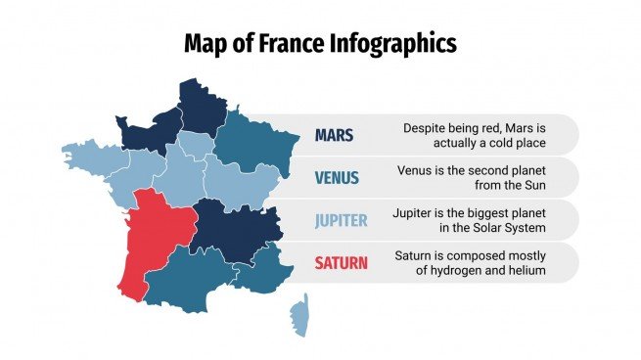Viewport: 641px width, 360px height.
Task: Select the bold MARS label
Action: pos(334,135)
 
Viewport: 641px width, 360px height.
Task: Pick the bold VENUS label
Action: pos(337,178)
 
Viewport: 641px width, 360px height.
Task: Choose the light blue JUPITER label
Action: pos(341,220)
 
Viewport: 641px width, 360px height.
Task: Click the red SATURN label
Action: pos(342,262)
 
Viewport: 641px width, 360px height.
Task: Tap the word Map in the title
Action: pos(206,43)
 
